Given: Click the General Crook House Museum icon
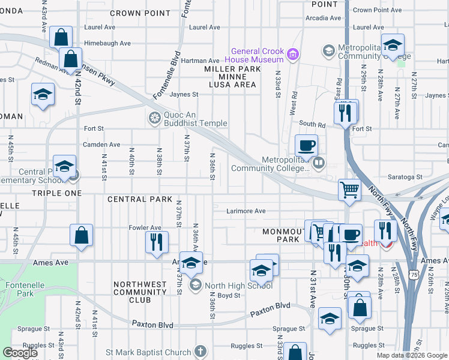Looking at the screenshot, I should tap(293, 55).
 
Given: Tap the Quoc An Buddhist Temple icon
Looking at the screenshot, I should tap(155, 117).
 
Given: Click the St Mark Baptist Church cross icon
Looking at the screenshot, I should tap(200, 352).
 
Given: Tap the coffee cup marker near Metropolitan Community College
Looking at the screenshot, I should tap(306, 146).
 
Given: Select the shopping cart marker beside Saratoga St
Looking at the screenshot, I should tap(349, 190).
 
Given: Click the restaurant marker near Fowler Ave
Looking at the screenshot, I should tap(156, 242).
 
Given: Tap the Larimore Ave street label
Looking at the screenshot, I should tap(246, 211).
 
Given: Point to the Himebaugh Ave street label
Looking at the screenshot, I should tap(107, 43).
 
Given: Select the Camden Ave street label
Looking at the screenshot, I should tap(101, 145).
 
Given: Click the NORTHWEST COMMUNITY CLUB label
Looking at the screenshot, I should tap(140, 292).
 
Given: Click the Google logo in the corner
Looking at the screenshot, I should tap(20, 353).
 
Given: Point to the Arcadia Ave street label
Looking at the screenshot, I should tap(324, 18).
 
